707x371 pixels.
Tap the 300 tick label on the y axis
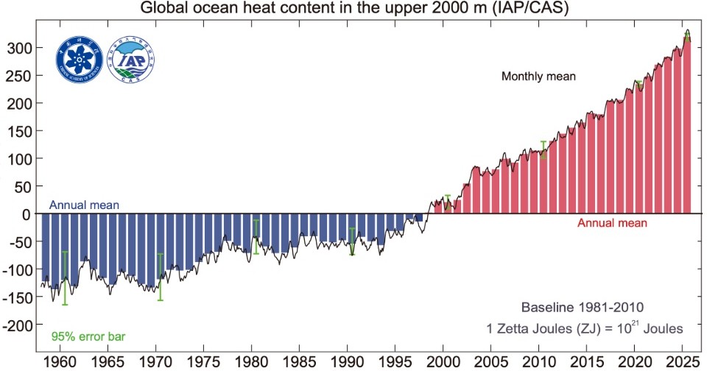[16, 48]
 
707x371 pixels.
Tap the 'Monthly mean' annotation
[538, 76]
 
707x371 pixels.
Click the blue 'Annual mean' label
[85, 205]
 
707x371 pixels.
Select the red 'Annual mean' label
[612, 223]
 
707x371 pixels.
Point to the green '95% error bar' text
[88, 337]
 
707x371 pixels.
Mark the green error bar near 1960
[65, 278]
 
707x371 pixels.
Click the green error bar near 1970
[160, 277]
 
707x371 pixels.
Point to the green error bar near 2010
[544, 149]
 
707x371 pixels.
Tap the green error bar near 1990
[352, 241]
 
